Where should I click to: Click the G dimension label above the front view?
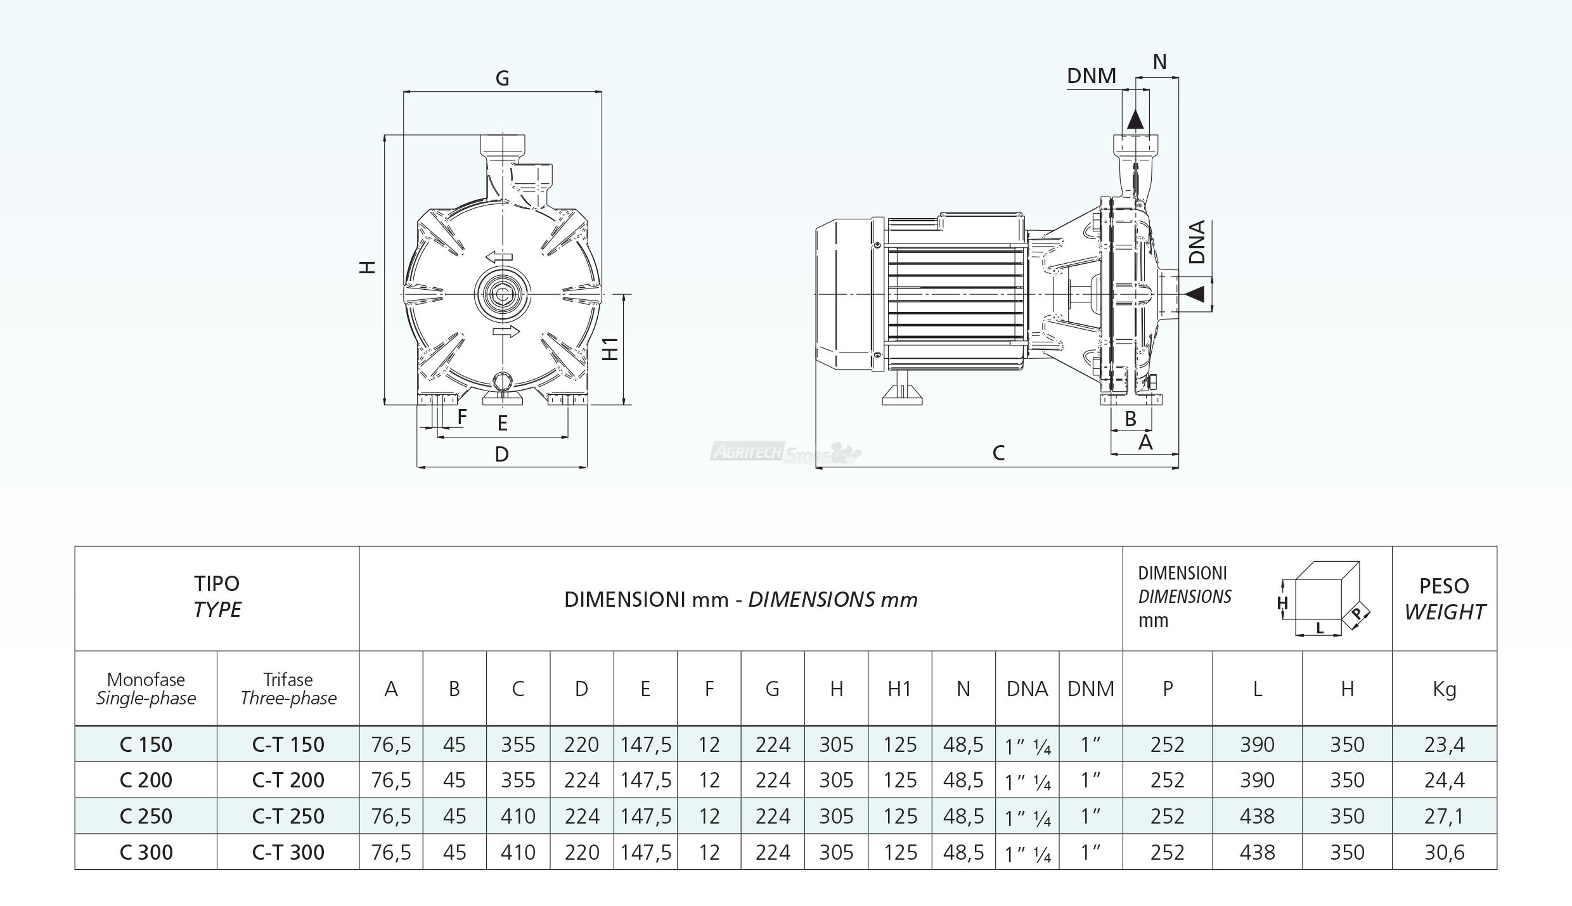502,79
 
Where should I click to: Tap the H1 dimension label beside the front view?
610,349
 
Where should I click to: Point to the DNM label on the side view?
1091,76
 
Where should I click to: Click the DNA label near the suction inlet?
1197,242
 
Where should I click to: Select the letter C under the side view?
998,453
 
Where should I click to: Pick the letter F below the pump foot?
462,417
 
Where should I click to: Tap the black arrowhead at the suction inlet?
1195,294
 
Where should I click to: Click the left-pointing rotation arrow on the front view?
499,257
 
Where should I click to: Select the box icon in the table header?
1324,599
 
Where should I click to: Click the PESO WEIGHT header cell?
1444,599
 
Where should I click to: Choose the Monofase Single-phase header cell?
146,689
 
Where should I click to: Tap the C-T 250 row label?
288,816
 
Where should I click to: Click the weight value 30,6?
1444,852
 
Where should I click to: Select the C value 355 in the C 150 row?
518,744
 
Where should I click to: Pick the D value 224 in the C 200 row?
581,780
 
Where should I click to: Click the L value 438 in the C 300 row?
1257,852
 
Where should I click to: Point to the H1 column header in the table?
899,689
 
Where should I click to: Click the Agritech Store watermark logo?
785,453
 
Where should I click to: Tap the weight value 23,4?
1444,744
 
